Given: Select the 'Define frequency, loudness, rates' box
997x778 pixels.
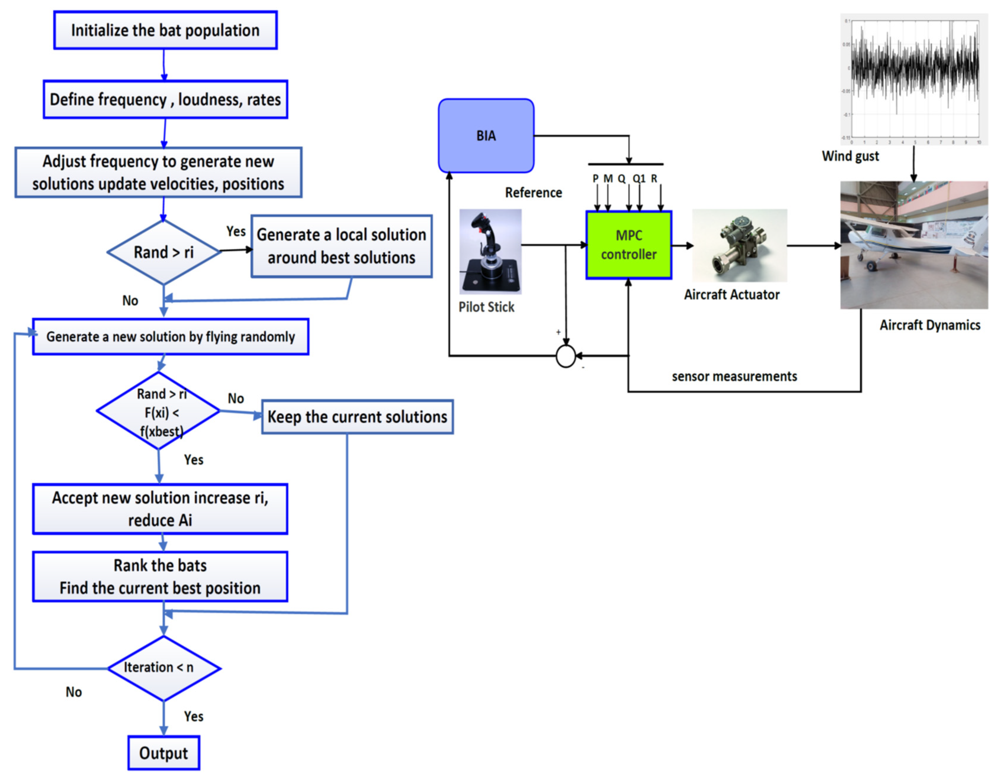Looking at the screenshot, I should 165,99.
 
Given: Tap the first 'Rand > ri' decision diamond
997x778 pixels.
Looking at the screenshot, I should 164,252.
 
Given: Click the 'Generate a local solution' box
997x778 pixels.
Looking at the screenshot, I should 342,246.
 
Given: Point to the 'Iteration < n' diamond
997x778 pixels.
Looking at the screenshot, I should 164,668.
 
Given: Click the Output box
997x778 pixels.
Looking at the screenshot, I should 164,753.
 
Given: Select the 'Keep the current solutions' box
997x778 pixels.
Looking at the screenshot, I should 357,417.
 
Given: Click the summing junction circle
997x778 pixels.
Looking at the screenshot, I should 566,356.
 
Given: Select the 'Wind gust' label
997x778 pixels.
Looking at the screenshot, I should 850,156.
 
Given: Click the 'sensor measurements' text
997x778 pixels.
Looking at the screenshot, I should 734,376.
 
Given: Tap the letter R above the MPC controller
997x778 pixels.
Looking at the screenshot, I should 654,179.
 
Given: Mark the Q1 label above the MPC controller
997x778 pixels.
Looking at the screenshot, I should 639,179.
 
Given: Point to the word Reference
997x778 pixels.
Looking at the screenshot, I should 533,193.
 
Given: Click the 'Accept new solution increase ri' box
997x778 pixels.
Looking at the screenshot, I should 160,509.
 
